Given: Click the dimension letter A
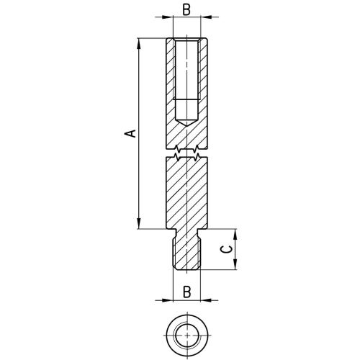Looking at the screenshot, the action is [130, 134].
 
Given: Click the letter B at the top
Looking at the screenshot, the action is [186, 10].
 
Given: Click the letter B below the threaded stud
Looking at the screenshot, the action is [186, 292].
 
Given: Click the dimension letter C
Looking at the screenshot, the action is [226, 249].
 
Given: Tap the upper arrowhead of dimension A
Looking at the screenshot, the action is [139, 44].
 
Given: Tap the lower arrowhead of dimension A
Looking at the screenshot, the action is [139, 223].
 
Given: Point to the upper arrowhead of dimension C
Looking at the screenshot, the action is [235, 235].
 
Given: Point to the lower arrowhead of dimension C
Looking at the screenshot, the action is [235, 264].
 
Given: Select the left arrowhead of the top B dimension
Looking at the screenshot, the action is [167, 17].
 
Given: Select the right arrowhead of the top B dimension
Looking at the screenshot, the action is [206, 17].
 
